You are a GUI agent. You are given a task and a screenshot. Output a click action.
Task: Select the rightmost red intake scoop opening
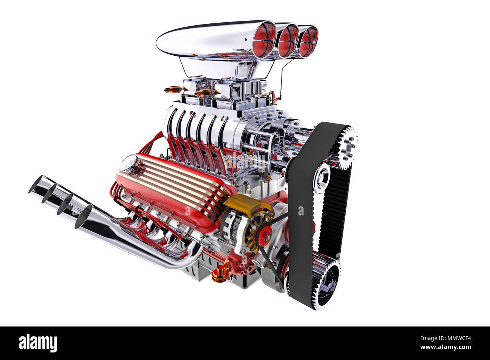(x=309, y=41)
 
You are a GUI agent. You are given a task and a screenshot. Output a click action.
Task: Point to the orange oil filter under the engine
(x=221, y=273)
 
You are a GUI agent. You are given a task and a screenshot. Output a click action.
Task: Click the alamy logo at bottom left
(x=38, y=343)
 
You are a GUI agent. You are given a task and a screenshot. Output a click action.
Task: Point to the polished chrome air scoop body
(x=204, y=40)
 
